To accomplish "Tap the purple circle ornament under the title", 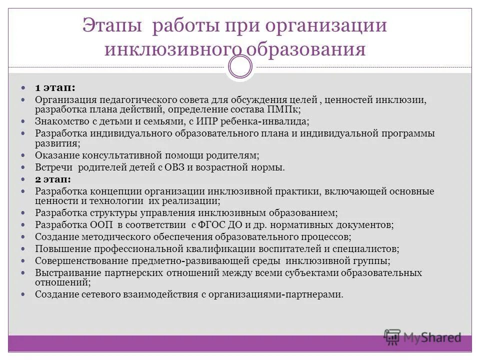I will (240, 66).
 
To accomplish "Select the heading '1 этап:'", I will (55, 87).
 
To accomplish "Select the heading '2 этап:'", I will (53, 178).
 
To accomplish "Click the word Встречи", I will (53, 167).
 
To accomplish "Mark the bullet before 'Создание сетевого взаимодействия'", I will (28, 294).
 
